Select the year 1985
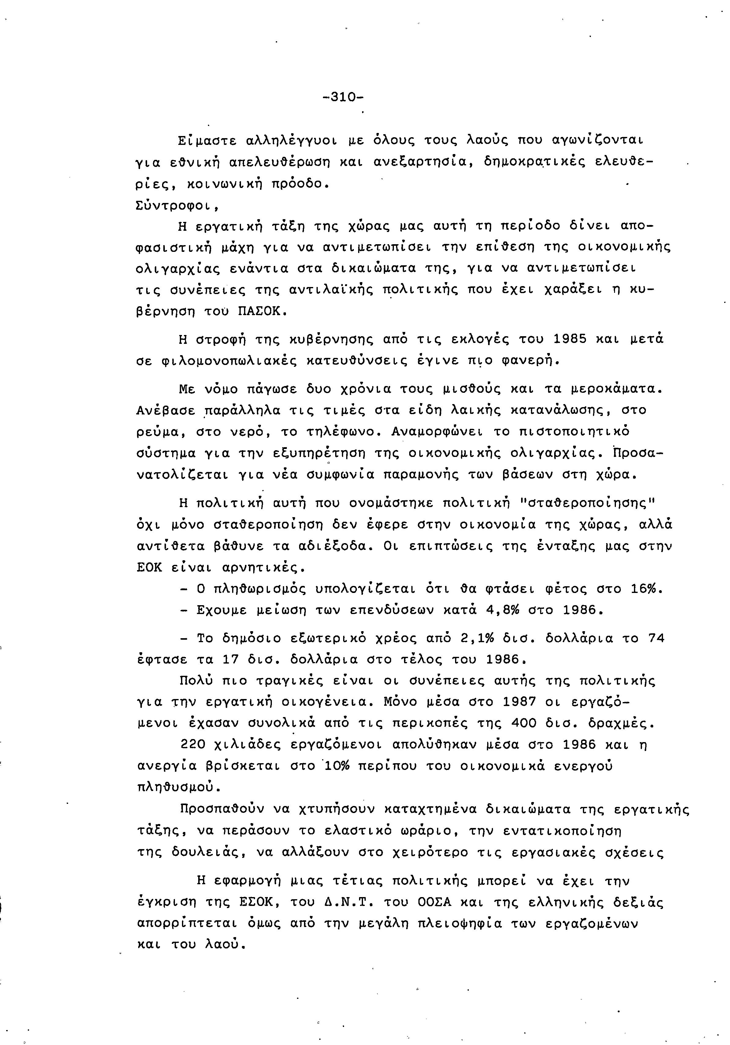574,339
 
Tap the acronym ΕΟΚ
149,568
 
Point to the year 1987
519,702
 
